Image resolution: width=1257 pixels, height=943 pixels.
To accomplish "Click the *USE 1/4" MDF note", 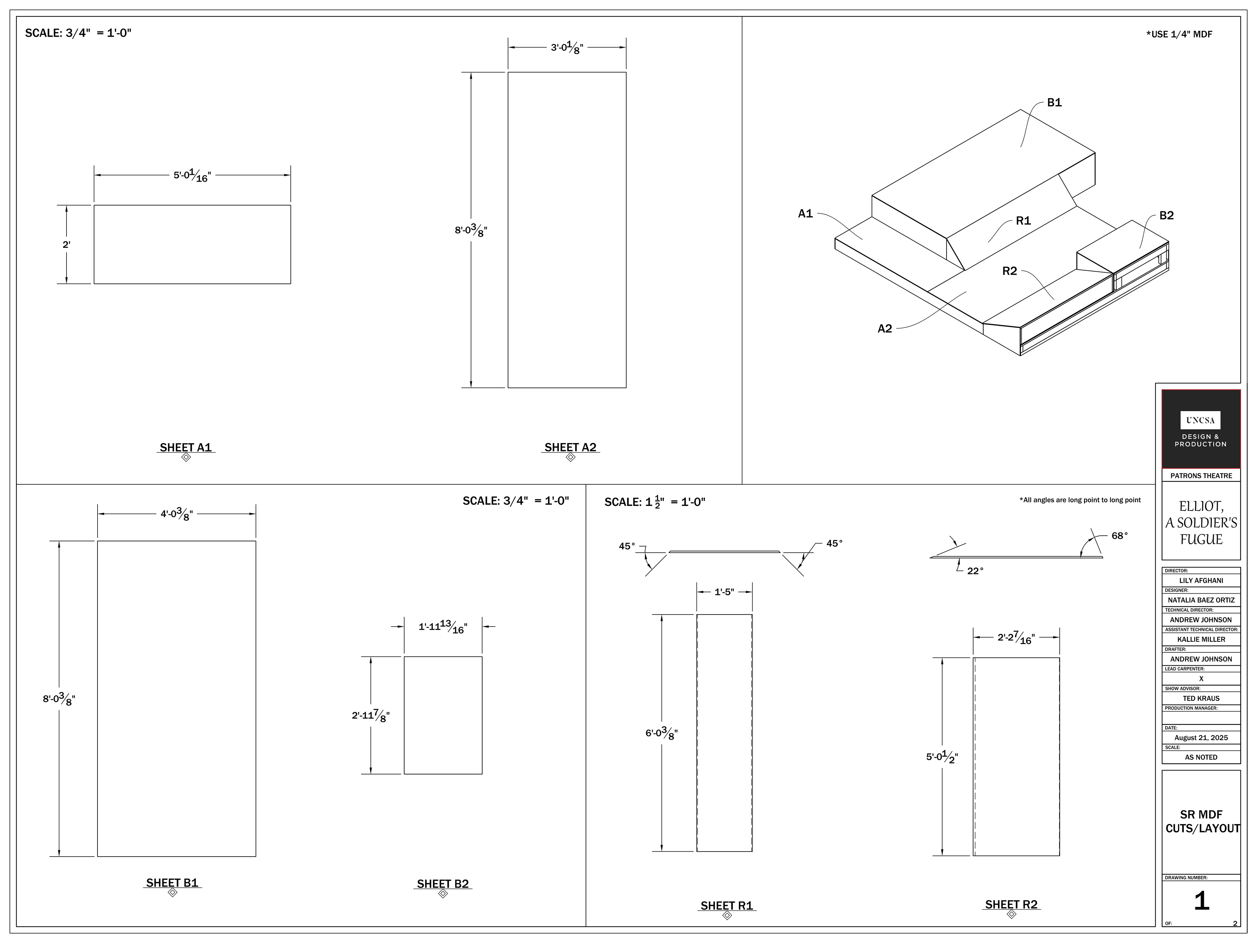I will [x=1179, y=34].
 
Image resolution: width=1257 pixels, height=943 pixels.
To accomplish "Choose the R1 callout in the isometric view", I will [x=1023, y=221].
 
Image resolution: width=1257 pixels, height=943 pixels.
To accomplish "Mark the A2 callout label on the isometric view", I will [x=885, y=328].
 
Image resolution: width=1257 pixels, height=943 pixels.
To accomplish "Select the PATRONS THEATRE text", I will [x=1201, y=476].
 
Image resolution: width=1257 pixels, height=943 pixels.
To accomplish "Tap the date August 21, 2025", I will [x=1201, y=738].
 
